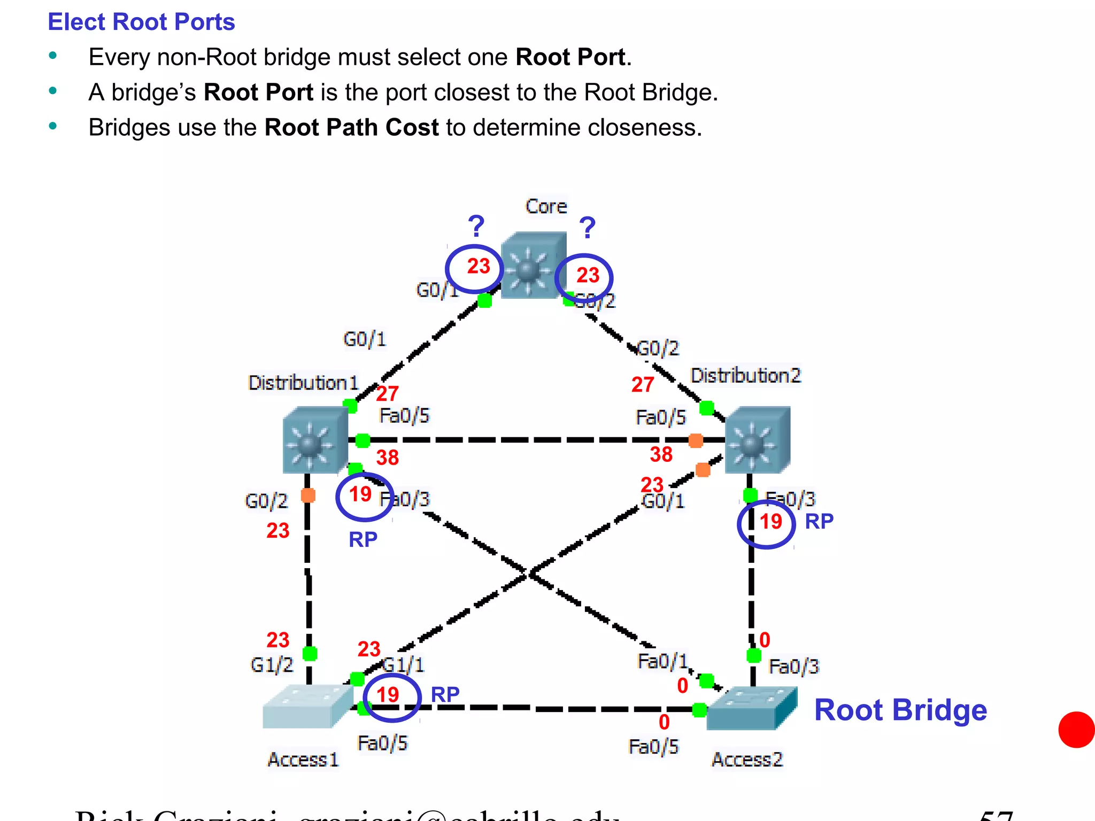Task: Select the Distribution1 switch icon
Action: pyautogui.click(x=315, y=440)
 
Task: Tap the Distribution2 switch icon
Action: pyautogui.click(x=757, y=440)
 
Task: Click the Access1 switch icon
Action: pyautogui.click(x=307, y=707)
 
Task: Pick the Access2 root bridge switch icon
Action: pyautogui.click(x=751, y=709)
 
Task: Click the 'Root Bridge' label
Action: pyautogui.click(x=900, y=710)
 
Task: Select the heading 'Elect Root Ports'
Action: pyautogui.click(x=141, y=22)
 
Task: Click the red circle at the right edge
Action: pyautogui.click(x=1077, y=730)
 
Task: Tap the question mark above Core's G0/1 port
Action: pyautogui.click(x=475, y=226)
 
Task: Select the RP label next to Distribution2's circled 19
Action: pyautogui.click(x=819, y=521)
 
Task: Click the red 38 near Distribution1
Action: pyautogui.click(x=387, y=458)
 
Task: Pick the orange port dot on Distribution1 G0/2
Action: pyautogui.click(x=308, y=495)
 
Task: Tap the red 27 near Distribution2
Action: pyautogui.click(x=642, y=384)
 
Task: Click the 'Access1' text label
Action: pyautogui.click(x=303, y=760)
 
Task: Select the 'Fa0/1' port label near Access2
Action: pyautogui.click(x=662, y=662)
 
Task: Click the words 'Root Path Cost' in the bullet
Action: pyautogui.click(x=351, y=128)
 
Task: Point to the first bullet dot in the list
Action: pyautogui.click(x=52, y=56)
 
